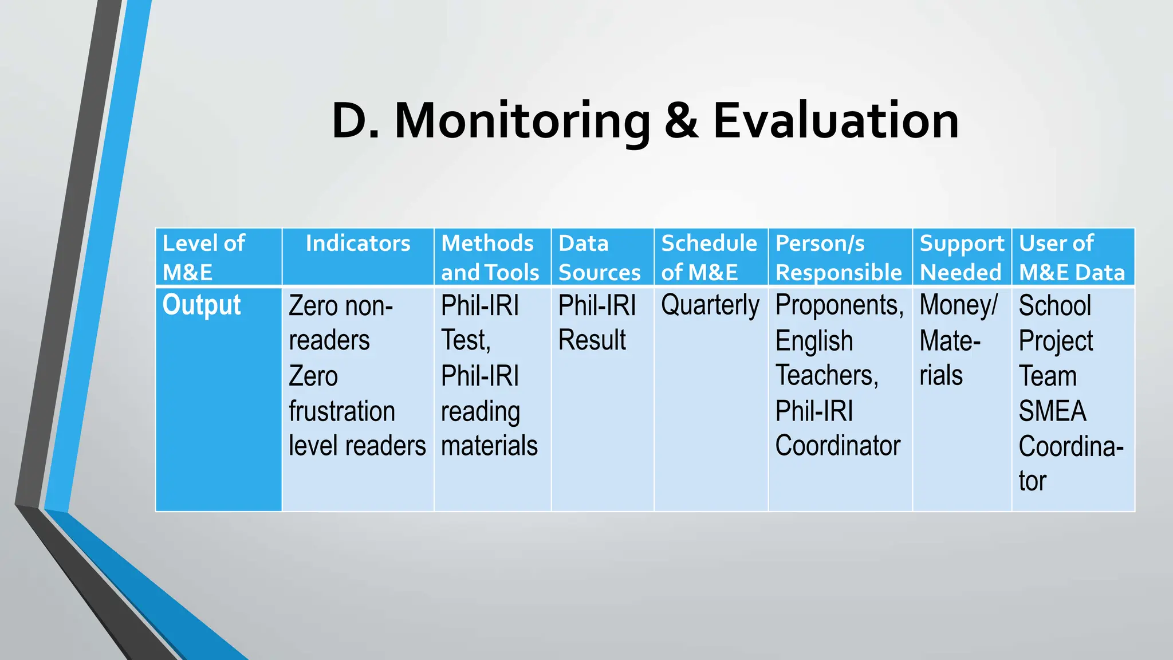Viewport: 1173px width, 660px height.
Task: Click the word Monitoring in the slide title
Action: click(x=522, y=121)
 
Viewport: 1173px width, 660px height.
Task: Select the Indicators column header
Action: click(x=358, y=243)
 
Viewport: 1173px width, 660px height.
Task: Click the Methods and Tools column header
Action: click(x=490, y=257)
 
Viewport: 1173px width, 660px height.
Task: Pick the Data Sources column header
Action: click(x=599, y=257)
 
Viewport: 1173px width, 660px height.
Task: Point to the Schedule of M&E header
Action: click(x=709, y=257)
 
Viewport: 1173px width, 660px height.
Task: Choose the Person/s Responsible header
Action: click(x=838, y=257)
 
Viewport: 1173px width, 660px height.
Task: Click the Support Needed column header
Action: click(x=961, y=257)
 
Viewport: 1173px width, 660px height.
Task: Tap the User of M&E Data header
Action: click(x=1072, y=257)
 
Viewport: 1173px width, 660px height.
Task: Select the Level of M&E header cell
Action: click(x=204, y=257)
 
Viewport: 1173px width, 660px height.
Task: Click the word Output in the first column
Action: click(x=202, y=305)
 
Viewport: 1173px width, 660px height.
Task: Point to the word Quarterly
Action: click(x=710, y=305)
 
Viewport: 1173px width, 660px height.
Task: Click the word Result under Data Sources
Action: click(x=592, y=340)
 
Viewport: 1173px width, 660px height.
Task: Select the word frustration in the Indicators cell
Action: click(x=342, y=411)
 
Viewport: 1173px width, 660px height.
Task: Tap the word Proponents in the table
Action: click(x=839, y=305)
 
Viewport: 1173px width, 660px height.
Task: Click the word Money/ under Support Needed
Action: click(x=959, y=305)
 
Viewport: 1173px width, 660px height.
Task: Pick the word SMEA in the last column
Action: click(x=1052, y=411)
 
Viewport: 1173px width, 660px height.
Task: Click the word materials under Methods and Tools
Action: click(x=489, y=446)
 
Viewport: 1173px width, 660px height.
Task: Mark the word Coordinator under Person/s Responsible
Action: click(x=837, y=446)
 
